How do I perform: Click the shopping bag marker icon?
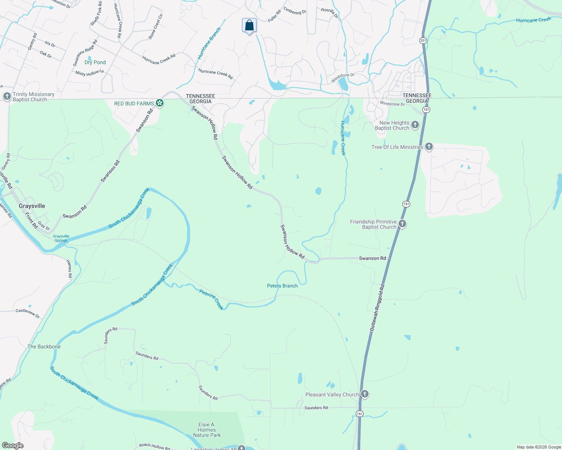coord(249,25)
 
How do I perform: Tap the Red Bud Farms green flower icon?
coord(160,103)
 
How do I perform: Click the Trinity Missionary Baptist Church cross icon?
coord(7,97)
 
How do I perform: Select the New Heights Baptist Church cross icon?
coord(415,125)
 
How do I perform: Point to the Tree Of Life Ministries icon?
coord(429,147)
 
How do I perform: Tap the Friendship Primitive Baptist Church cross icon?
coord(402,224)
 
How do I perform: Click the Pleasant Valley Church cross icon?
coord(364,394)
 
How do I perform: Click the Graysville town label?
coord(32,206)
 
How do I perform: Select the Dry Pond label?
coord(95,62)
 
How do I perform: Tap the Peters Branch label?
coord(282,286)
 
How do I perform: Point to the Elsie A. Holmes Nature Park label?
coord(207,430)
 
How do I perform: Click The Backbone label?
coord(44,346)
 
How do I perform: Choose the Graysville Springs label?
coord(61,238)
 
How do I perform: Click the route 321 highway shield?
coord(423,40)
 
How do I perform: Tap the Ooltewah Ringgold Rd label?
coord(377,307)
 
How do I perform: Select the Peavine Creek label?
coord(212,299)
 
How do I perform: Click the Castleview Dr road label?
coord(27,313)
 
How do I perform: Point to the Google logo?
coord(13,445)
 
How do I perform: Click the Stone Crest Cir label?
coord(156,27)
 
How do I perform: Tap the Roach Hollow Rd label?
coord(154,446)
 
